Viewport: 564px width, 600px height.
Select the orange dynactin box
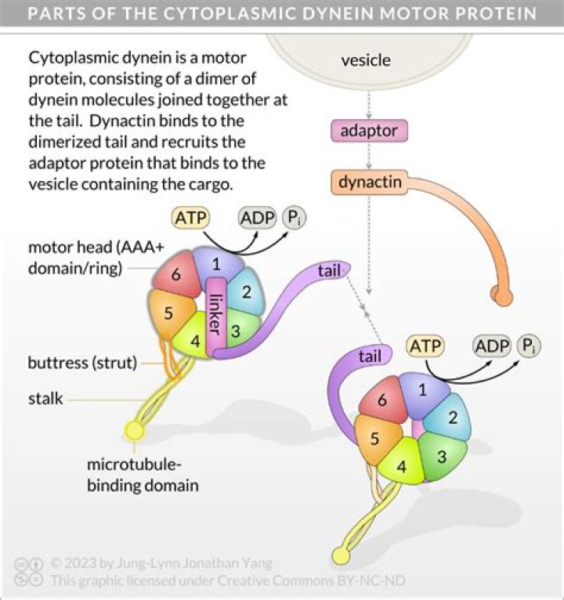371,183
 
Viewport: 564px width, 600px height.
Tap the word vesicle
366,60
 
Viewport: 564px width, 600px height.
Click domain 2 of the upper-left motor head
247,293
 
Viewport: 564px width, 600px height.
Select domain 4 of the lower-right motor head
402,468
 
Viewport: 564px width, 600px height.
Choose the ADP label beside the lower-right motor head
492,345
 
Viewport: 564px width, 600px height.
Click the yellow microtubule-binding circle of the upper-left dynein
136,430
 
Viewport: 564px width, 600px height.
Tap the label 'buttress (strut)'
82,363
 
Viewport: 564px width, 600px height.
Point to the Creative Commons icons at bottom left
29,573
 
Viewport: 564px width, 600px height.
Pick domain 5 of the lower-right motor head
375,439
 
